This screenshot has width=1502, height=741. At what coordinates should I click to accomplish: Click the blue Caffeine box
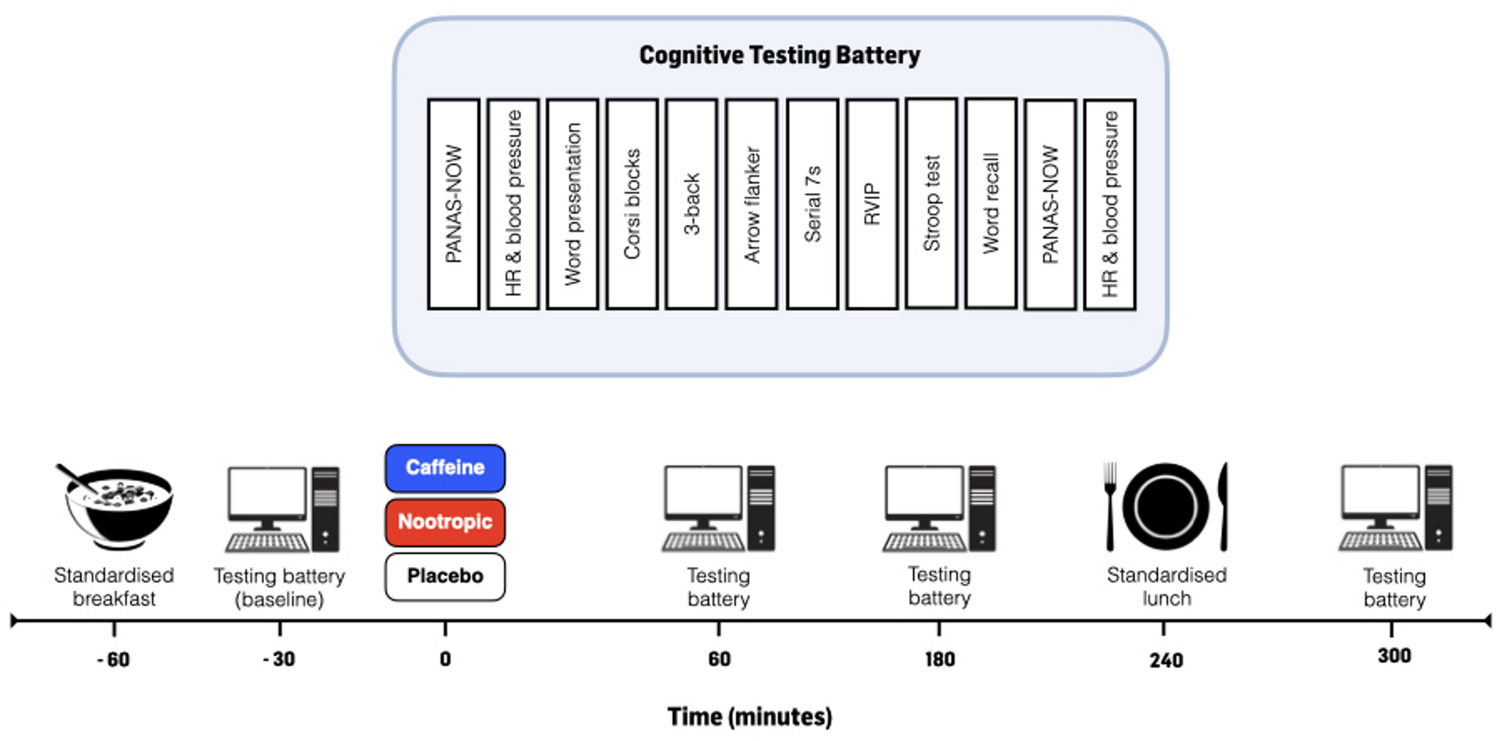tap(445, 468)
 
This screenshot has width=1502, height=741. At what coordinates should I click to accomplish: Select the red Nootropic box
tap(445, 522)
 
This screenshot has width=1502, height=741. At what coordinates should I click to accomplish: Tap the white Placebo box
tap(445, 577)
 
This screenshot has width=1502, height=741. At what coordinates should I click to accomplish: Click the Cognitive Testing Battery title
tap(779, 56)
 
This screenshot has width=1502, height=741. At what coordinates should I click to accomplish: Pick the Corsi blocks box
tap(632, 204)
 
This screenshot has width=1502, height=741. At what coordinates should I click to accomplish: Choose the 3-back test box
tap(691, 204)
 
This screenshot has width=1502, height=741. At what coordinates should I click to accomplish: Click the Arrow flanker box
tap(751, 204)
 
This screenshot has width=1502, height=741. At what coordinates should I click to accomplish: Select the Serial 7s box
tap(812, 204)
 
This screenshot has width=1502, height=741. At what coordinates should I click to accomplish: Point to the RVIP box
tap(872, 204)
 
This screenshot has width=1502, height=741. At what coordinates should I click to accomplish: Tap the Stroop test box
tap(931, 203)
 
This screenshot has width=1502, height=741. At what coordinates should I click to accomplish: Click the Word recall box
tap(991, 203)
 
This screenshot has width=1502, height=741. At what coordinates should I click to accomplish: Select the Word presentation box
tap(572, 204)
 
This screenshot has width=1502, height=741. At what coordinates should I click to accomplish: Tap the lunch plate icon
tap(1166, 506)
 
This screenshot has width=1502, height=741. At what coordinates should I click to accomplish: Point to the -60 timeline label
tap(113, 660)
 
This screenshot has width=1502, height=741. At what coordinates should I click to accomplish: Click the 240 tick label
tap(1166, 661)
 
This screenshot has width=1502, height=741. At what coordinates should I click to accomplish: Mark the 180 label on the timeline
tap(939, 660)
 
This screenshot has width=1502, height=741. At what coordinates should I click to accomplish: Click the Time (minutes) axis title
tap(750, 717)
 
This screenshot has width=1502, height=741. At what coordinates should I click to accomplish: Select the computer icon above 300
tap(1395, 509)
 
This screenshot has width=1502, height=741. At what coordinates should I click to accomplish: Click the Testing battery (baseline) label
tap(279, 588)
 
